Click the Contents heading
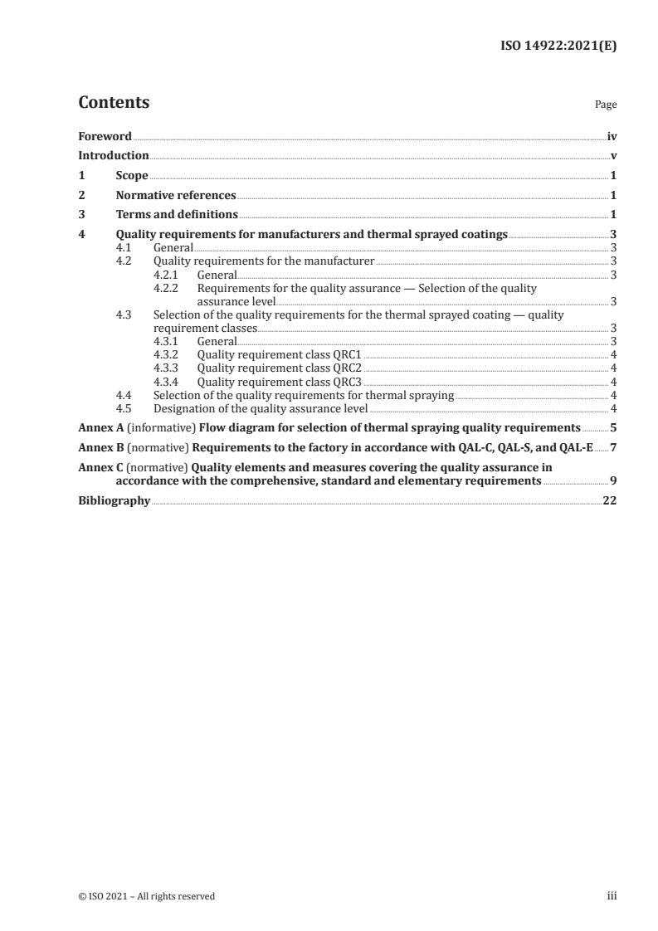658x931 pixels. [x=114, y=103]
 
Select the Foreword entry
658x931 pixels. [x=105, y=135]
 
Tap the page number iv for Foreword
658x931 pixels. [x=611, y=135]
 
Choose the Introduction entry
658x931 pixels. [x=114, y=155]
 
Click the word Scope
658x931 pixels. [x=132, y=176]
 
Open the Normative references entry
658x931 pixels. [x=176, y=196]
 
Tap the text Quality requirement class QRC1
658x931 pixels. [x=280, y=355]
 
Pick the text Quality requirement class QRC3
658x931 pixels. [x=280, y=382]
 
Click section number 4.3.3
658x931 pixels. [x=167, y=368]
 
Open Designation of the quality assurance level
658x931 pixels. [x=261, y=408]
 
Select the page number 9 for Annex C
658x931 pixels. [x=612, y=480]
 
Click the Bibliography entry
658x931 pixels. [x=114, y=500]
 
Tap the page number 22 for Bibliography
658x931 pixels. [x=609, y=500]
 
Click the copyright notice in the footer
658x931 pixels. [x=146, y=895]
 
